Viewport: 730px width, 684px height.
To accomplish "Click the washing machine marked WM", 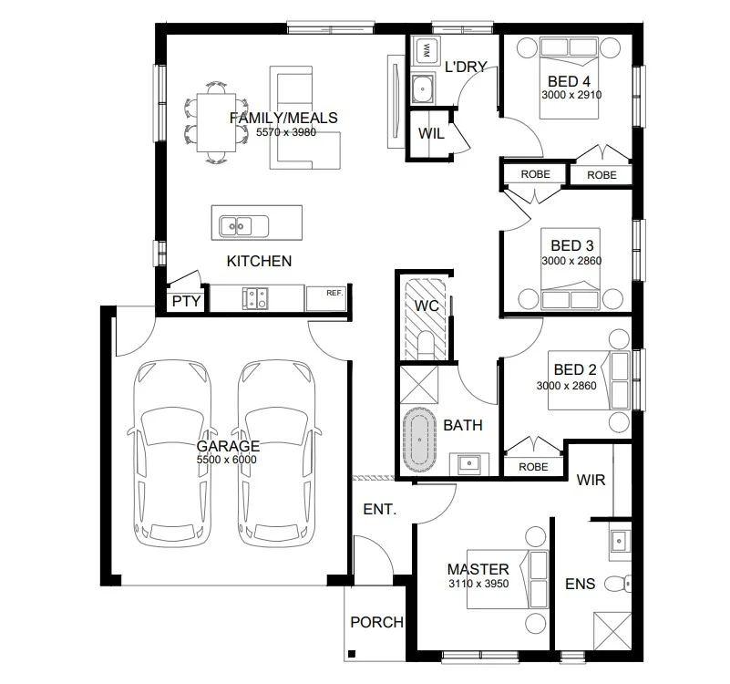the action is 426,50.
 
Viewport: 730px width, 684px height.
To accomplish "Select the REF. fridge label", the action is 334,293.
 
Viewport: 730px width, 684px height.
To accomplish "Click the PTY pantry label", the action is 186,302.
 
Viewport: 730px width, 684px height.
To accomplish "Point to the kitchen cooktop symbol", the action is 254,298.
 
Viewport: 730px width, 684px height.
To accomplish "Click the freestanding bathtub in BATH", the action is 419,440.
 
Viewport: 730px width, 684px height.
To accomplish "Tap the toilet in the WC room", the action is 425,345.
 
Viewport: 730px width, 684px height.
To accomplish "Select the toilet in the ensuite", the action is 618,584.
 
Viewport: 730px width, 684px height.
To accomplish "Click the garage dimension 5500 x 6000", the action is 226,460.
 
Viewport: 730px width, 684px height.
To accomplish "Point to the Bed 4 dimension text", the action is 571,95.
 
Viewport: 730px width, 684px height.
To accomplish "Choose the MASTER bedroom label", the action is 478,569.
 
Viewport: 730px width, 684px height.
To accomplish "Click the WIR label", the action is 591,480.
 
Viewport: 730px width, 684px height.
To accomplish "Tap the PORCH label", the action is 376,622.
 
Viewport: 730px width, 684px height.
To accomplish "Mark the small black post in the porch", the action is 352,653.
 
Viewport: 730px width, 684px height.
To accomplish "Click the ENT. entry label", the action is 380,509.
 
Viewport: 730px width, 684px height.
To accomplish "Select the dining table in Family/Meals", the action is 216,122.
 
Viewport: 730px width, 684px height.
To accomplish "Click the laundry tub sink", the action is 423,88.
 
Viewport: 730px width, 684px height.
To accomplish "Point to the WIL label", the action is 431,134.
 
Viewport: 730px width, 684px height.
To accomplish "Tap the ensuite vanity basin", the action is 619,541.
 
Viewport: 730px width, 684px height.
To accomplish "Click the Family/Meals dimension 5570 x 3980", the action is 286,132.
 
